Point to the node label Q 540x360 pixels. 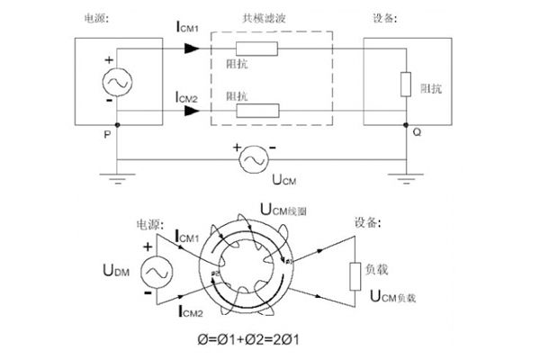pyautogui.click(x=417, y=132)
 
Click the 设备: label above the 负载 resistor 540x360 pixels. pyautogui.click(x=363, y=221)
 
